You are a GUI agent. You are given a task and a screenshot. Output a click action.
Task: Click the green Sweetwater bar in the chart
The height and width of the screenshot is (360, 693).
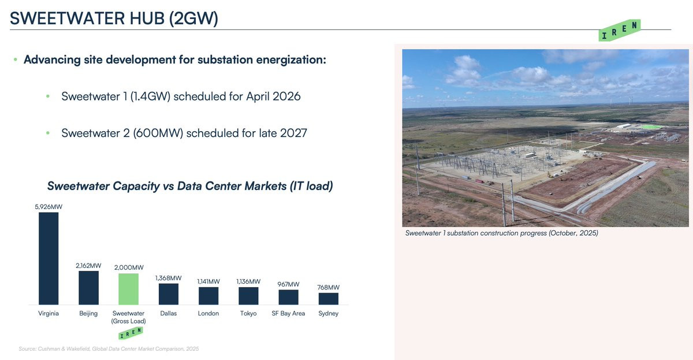click(128, 289)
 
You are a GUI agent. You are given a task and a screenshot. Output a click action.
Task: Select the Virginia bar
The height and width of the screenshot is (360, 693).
click(49, 258)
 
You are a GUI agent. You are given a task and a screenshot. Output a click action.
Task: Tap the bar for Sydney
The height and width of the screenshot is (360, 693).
click(328, 299)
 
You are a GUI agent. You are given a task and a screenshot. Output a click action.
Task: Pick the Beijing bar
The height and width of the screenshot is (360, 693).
click(88, 288)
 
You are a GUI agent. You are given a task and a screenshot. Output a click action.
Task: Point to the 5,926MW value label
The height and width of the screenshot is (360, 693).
click(49, 207)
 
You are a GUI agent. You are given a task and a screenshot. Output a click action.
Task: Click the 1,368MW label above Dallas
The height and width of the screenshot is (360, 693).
click(168, 278)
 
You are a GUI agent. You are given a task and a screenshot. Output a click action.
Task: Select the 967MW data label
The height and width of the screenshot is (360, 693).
click(288, 284)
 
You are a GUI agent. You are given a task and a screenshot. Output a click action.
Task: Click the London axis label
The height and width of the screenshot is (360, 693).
click(208, 313)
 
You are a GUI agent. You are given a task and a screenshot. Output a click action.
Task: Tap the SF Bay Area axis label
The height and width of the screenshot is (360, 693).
click(288, 313)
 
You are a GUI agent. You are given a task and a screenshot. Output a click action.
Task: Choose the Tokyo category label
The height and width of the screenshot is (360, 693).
click(248, 313)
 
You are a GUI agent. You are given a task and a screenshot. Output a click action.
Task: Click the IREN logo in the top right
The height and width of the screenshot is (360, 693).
click(619, 30)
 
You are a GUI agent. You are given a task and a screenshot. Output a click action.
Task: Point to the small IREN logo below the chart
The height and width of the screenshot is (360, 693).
click(131, 333)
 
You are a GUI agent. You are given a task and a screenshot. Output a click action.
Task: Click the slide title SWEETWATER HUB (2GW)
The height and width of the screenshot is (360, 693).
click(114, 18)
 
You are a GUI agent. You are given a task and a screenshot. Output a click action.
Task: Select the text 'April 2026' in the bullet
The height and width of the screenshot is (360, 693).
click(273, 97)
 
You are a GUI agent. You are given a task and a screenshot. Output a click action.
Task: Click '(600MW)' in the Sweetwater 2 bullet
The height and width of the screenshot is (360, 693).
click(158, 133)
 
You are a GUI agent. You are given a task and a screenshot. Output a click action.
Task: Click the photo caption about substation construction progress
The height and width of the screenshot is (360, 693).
click(501, 233)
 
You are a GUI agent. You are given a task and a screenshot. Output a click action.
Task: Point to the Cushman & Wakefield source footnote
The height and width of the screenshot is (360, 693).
click(109, 349)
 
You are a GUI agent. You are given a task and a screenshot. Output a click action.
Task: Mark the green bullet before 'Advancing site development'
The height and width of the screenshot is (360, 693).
click(16, 60)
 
